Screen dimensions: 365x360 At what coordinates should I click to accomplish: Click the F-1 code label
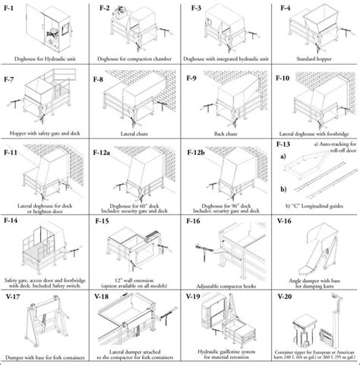coord(11,8)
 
